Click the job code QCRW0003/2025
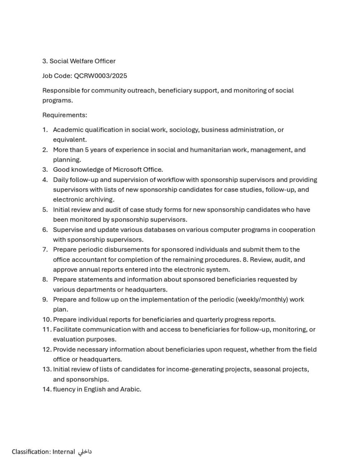[x=101, y=76]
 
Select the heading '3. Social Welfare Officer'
[x=79, y=61]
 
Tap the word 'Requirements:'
[x=65, y=115]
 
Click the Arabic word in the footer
[x=85, y=452]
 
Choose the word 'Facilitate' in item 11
[x=68, y=329]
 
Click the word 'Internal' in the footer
[x=63, y=452]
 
